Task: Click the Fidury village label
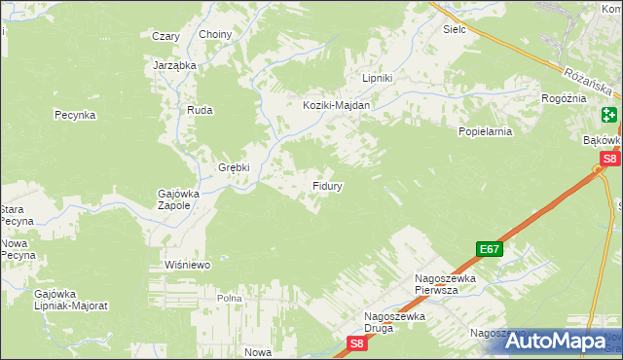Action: coord(326,184)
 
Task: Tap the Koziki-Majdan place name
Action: coord(336,105)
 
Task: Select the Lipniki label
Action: coord(377,78)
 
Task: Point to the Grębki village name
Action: coord(234,167)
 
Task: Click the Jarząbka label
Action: coord(175,65)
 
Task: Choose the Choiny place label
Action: coord(215,35)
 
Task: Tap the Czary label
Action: coord(166,36)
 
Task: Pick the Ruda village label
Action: coord(201,111)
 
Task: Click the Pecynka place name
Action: coord(74,115)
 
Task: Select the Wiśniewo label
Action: coord(188,264)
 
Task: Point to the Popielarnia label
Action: coord(485,130)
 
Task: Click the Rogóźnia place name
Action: coord(564,98)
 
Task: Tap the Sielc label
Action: coord(455,29)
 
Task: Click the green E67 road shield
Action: coord(489,249)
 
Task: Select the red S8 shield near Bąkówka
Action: coord(609,159)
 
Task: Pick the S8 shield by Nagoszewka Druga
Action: coord(357,342)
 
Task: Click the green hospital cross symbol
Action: coord(609,115)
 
